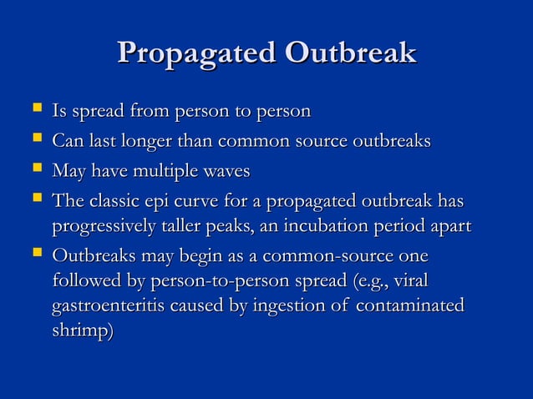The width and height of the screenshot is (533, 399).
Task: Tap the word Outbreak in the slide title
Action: click(350, 53)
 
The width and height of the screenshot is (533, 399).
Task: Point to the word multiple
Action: click(168, 172)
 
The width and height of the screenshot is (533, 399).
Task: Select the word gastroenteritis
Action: click(109, 306)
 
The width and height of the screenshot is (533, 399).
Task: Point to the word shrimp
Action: click(81, 331)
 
